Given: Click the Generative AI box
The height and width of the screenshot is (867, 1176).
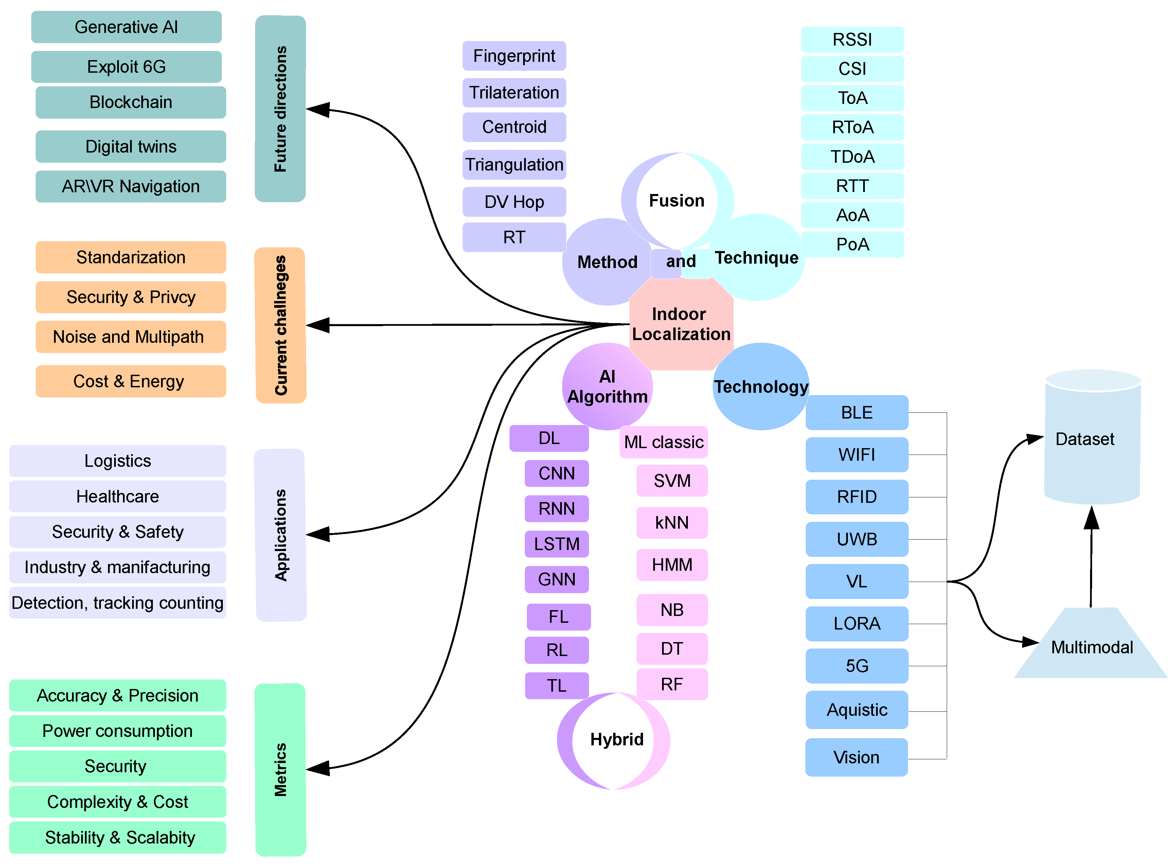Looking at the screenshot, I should tap(126, 27).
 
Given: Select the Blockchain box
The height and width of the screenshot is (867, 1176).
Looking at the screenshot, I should tap(131, 102).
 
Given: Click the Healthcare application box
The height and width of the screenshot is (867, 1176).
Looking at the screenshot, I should tap(118, 496).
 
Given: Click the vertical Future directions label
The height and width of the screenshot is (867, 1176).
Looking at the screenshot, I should tap(280, 109).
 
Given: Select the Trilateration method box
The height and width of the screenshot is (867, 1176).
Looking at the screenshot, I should tap(514, 92).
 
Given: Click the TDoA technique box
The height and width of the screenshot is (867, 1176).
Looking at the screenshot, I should tap(852, 156).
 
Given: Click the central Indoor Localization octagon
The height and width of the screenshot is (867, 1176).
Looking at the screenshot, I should tap(681, 324).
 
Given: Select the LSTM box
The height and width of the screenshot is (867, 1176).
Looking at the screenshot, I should tap(556, 544).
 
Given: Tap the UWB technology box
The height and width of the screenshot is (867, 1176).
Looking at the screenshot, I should tap(856, 539).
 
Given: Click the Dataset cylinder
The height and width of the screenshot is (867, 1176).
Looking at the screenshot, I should tap(1091, 438).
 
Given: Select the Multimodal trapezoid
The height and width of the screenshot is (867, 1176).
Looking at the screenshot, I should tap(1091, 647).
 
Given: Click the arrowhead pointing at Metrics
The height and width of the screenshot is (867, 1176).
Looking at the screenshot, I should tap(318, 768).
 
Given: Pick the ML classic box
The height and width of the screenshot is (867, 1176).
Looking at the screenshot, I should tap(663, 442).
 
